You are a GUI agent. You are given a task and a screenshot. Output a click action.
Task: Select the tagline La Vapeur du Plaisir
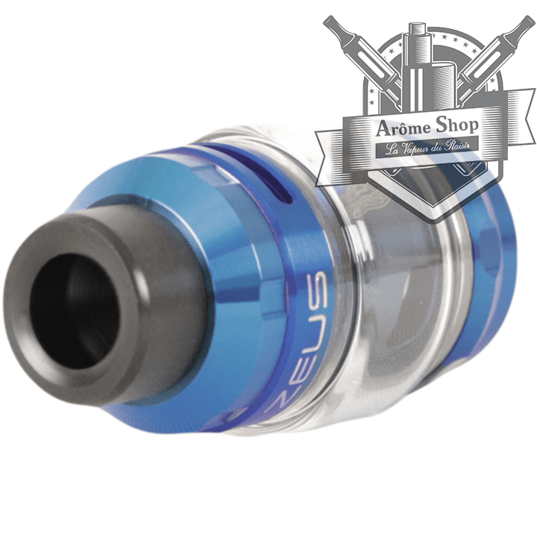[429, 148]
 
